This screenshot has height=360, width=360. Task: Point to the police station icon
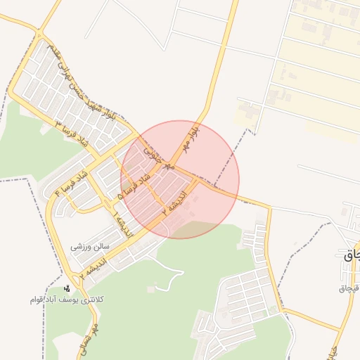[67, 288]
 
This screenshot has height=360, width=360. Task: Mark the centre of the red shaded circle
[180, 179]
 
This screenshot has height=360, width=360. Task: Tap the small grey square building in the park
[150, 289]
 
